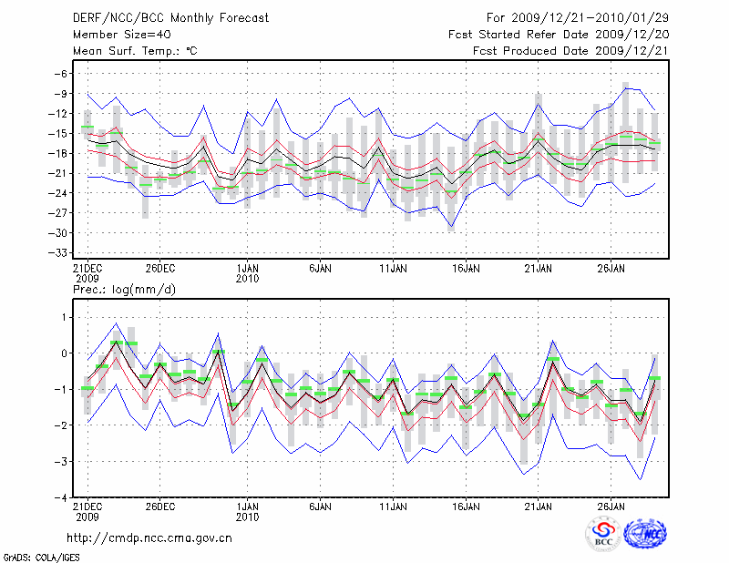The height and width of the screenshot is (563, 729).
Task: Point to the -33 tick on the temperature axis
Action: coord(61,252)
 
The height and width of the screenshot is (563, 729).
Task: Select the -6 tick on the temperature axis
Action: coord(64,74)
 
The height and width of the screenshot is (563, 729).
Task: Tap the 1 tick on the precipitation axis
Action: coord(65,317)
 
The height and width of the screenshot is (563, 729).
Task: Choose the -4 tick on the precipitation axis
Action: coord(62,497)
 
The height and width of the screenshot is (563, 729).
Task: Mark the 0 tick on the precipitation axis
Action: coord(65,353)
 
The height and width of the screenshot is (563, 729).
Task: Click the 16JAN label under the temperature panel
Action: coord(467,270)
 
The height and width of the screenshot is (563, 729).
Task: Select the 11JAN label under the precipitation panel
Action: coord(393,507)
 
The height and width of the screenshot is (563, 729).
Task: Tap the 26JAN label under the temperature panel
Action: coord(611,270)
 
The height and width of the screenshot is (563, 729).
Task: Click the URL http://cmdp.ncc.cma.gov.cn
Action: coord(149,538)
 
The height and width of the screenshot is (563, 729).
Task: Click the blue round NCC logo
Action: coord(645,534)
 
